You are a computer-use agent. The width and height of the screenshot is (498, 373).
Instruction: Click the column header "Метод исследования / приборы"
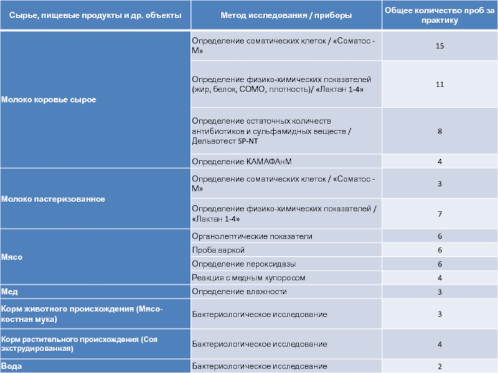tap(286, 14)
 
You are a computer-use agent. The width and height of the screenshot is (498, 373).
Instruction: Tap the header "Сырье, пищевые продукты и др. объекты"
tap(94, 14)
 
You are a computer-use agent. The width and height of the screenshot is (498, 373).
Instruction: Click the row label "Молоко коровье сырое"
tap(49, 99)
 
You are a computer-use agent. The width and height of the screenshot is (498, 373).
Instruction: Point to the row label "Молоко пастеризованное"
tap(53, 199)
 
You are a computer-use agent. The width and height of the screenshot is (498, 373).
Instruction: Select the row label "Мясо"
tap(12, 257)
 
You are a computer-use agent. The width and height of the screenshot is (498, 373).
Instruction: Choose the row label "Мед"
tap(9, 291)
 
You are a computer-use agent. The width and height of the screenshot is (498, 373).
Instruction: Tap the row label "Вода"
tap(12, 366)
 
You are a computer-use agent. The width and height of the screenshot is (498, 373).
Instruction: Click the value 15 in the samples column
tap(439, 47)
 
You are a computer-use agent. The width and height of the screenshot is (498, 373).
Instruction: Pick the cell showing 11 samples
tap(439, 84)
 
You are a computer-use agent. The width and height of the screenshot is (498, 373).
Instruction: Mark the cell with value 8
tap(439, 131)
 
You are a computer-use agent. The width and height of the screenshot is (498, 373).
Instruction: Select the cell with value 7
tap(439, 214)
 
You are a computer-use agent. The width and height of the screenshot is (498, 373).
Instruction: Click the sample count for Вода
tap(439, 366)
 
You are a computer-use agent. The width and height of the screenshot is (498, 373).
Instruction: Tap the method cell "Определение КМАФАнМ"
tap(242, 162)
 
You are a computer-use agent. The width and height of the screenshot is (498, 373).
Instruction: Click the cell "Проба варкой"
tap(218, 250)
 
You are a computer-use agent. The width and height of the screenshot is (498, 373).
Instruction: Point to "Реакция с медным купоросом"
tap(248, 277)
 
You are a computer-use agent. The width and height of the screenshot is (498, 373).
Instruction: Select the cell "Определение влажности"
tap(239, 291)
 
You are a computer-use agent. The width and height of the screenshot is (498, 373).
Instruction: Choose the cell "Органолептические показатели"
tap(252, 236)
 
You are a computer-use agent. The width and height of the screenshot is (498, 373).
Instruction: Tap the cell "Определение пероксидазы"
tap(243, 264)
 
